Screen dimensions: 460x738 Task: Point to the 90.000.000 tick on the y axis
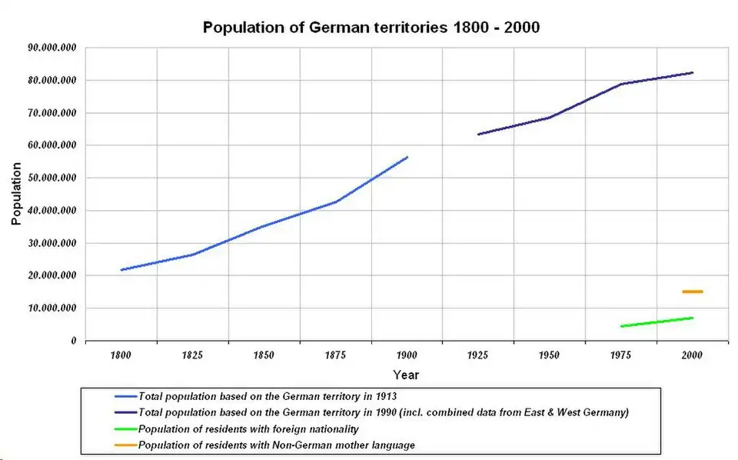(x=52, y=48)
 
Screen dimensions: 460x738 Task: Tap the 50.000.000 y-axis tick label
(x=52, y=178)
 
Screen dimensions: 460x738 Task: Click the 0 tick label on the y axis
(x=73, y=341)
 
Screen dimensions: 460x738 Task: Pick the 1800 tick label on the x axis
(x=121, y=355)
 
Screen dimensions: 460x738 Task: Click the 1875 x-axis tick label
(x=335, y=355)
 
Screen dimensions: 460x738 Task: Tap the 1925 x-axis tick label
(x=478, y=355)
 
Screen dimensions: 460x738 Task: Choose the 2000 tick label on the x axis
(x=692, y=355)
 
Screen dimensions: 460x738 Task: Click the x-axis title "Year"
(x=406, y=375)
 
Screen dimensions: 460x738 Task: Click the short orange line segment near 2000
(x=692, y=292)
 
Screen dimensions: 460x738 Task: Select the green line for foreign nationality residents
(x=657, y=322)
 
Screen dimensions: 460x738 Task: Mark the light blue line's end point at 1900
(x=407, y=157)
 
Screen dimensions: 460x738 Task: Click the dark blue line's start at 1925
(x=478, y=135)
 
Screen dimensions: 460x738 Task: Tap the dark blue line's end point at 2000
(x=692, y=73)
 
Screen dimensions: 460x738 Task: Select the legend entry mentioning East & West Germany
(x=383, y=412)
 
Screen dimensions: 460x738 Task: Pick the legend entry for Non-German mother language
(x=277, y=445)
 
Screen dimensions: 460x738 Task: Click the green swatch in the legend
(x=126, y=428)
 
